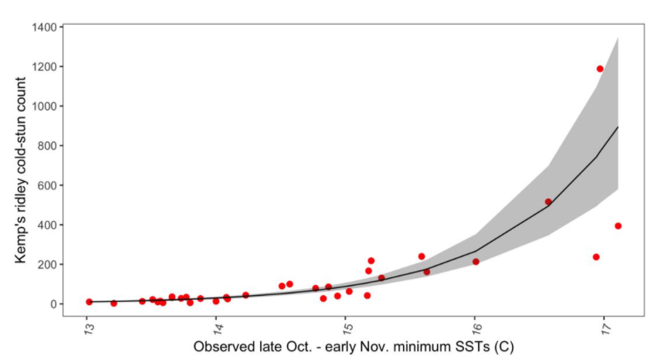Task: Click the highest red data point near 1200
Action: click(600, 69)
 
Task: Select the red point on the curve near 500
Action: click(548, 202)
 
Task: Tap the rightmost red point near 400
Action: click(618, 226)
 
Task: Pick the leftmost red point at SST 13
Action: click(89, 302)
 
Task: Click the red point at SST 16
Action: click(476, 262)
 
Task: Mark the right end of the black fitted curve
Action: click(618, 127)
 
